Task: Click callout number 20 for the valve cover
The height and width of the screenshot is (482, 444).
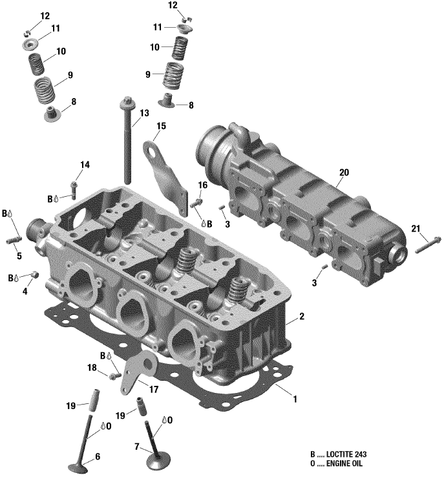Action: (343, 172)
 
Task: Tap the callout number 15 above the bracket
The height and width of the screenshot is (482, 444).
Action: (161, 126)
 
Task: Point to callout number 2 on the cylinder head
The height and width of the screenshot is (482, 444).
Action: (301, 317)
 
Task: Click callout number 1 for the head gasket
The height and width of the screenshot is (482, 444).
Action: (295, 399)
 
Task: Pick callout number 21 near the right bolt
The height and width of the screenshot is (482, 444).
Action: (416, 228)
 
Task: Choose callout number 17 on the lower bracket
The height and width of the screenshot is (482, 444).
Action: (154, 389)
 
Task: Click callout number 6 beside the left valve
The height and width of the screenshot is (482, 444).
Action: (98, 457)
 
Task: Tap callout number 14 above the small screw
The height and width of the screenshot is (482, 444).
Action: (85, 165)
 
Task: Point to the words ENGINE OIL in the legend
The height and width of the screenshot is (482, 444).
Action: (343, 465)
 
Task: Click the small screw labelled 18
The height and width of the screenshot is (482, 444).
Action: (114, 376)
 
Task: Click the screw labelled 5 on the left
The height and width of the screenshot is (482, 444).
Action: (14, 241)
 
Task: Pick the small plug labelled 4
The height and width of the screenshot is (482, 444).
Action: (34, 276)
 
